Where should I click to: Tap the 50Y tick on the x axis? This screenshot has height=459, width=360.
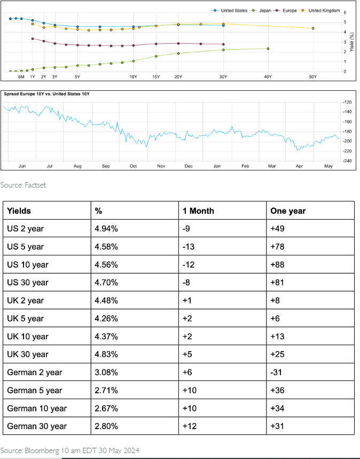click(313, 77)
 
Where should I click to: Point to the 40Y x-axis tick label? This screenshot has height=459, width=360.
click(268, 77)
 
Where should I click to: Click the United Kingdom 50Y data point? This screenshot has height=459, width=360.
click(313, 28)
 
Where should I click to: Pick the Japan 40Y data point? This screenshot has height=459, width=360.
click(268, 49)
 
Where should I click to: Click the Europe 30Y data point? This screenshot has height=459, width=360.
click(223, 44)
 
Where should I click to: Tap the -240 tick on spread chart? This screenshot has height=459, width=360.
click(347, 160)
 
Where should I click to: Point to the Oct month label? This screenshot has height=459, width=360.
click(133, 166)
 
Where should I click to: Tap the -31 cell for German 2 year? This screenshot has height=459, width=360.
click(278, 372)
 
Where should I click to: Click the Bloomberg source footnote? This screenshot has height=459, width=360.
click(70, 450)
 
